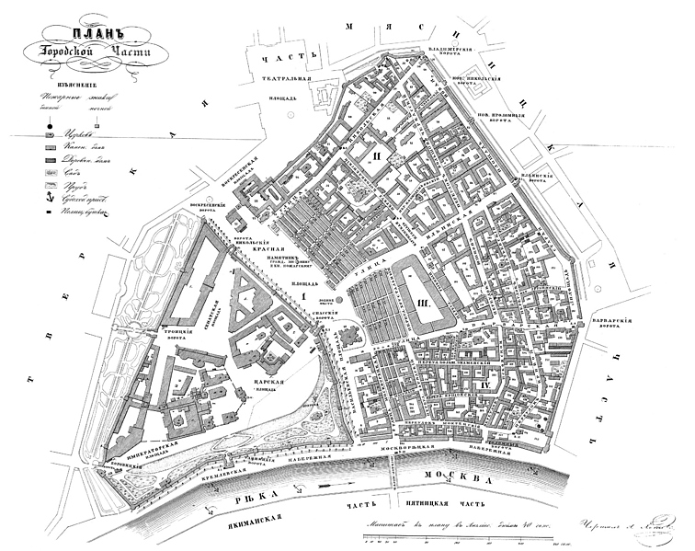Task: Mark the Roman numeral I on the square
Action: [300, 296]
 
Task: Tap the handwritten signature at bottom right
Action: [625, 525]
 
